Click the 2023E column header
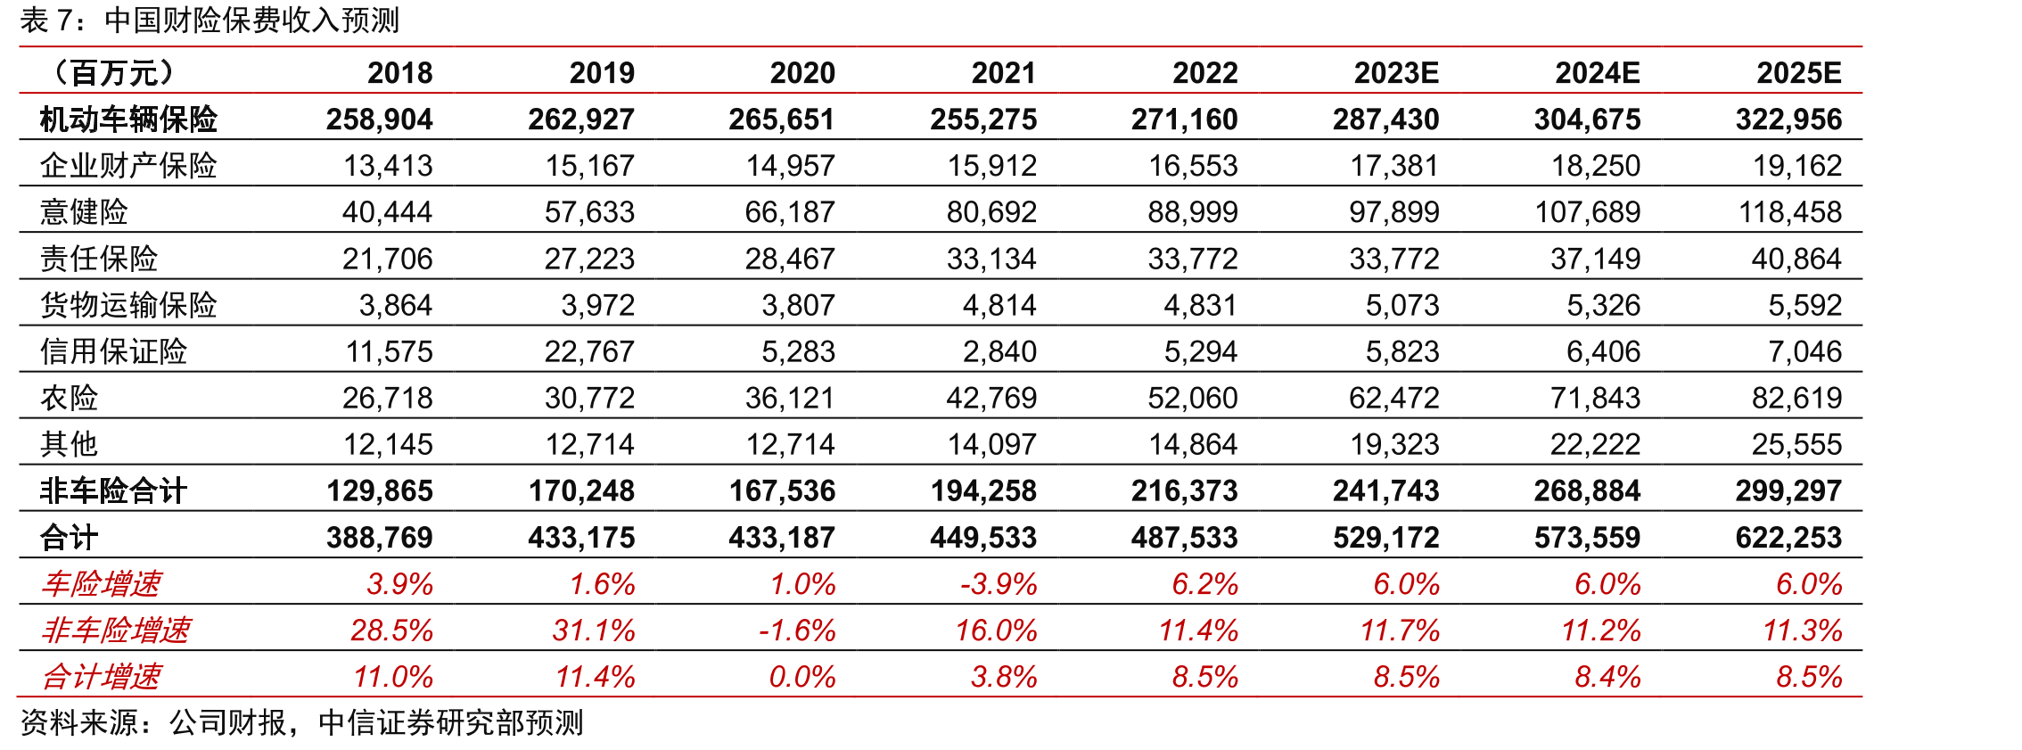click(x=1396, y=72)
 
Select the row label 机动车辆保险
click(x=128, y=119)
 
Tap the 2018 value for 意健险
click(x=387, y=211)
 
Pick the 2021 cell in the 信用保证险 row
click(x=999, y=351)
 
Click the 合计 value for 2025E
click(x=1788, y=537)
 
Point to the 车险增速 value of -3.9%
click(x=999, y=583)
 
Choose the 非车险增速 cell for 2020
click(x=797, y=630)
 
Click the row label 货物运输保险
click(x=128, y=304)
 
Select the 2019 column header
click(x=602, y=72)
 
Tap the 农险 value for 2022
click(x=1193, y=398)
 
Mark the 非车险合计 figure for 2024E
click(x=1587, y=490)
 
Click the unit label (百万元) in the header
click(x=113, y=72)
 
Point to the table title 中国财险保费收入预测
click(x=251, y=20)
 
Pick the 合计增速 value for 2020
click(x=802, y=676)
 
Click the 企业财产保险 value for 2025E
click(x=1797, y=165)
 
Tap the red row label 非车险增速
click(x=116, y=630)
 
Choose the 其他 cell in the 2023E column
click(x=1394, y=444)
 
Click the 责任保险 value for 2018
click(x=387, y=259)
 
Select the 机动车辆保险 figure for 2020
click(x=782, y=119)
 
